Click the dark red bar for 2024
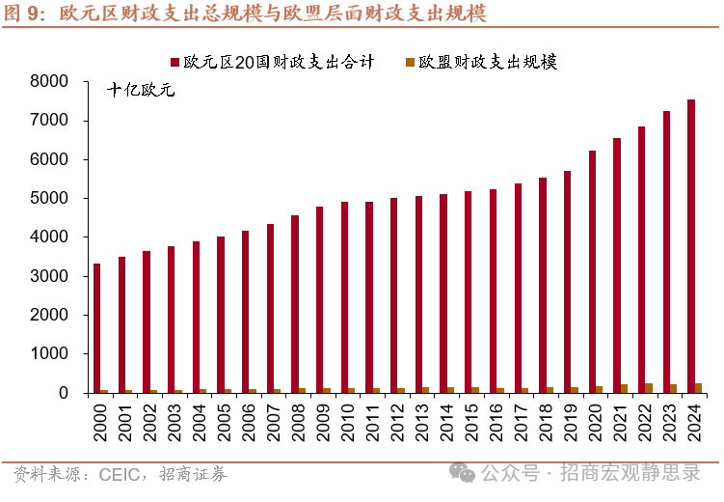690,246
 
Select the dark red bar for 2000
96,328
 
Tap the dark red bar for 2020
592,271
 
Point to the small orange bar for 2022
649,388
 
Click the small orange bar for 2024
698,388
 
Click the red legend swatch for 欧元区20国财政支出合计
175,63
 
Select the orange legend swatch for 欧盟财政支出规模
410,63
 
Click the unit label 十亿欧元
141,93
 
